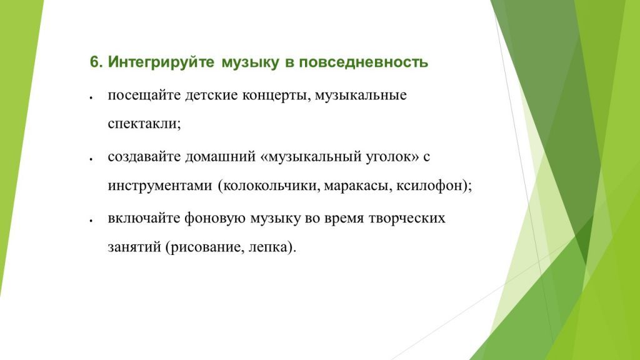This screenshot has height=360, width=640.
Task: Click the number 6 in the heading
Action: [94, 62]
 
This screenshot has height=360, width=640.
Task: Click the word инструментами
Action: [159, 186]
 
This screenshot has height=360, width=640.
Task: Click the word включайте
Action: [143, 219]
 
